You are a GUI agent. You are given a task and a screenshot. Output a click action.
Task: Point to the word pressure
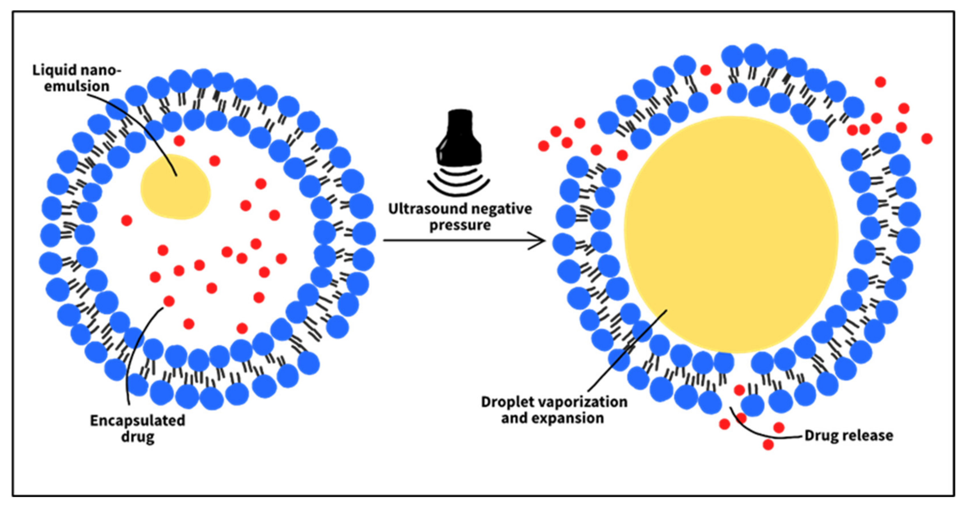coord(460,225)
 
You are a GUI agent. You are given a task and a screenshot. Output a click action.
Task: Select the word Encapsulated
coord(137,420)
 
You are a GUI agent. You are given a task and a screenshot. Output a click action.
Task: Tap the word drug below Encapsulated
coord(137,437)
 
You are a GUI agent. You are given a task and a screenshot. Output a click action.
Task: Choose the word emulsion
coord(77,86)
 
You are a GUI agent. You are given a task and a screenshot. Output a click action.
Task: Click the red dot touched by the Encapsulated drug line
coord(169,301)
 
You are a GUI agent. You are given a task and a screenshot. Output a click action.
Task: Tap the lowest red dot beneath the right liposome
coord(768,445)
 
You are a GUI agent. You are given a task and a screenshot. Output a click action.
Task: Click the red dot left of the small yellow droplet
coord(126,220)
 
